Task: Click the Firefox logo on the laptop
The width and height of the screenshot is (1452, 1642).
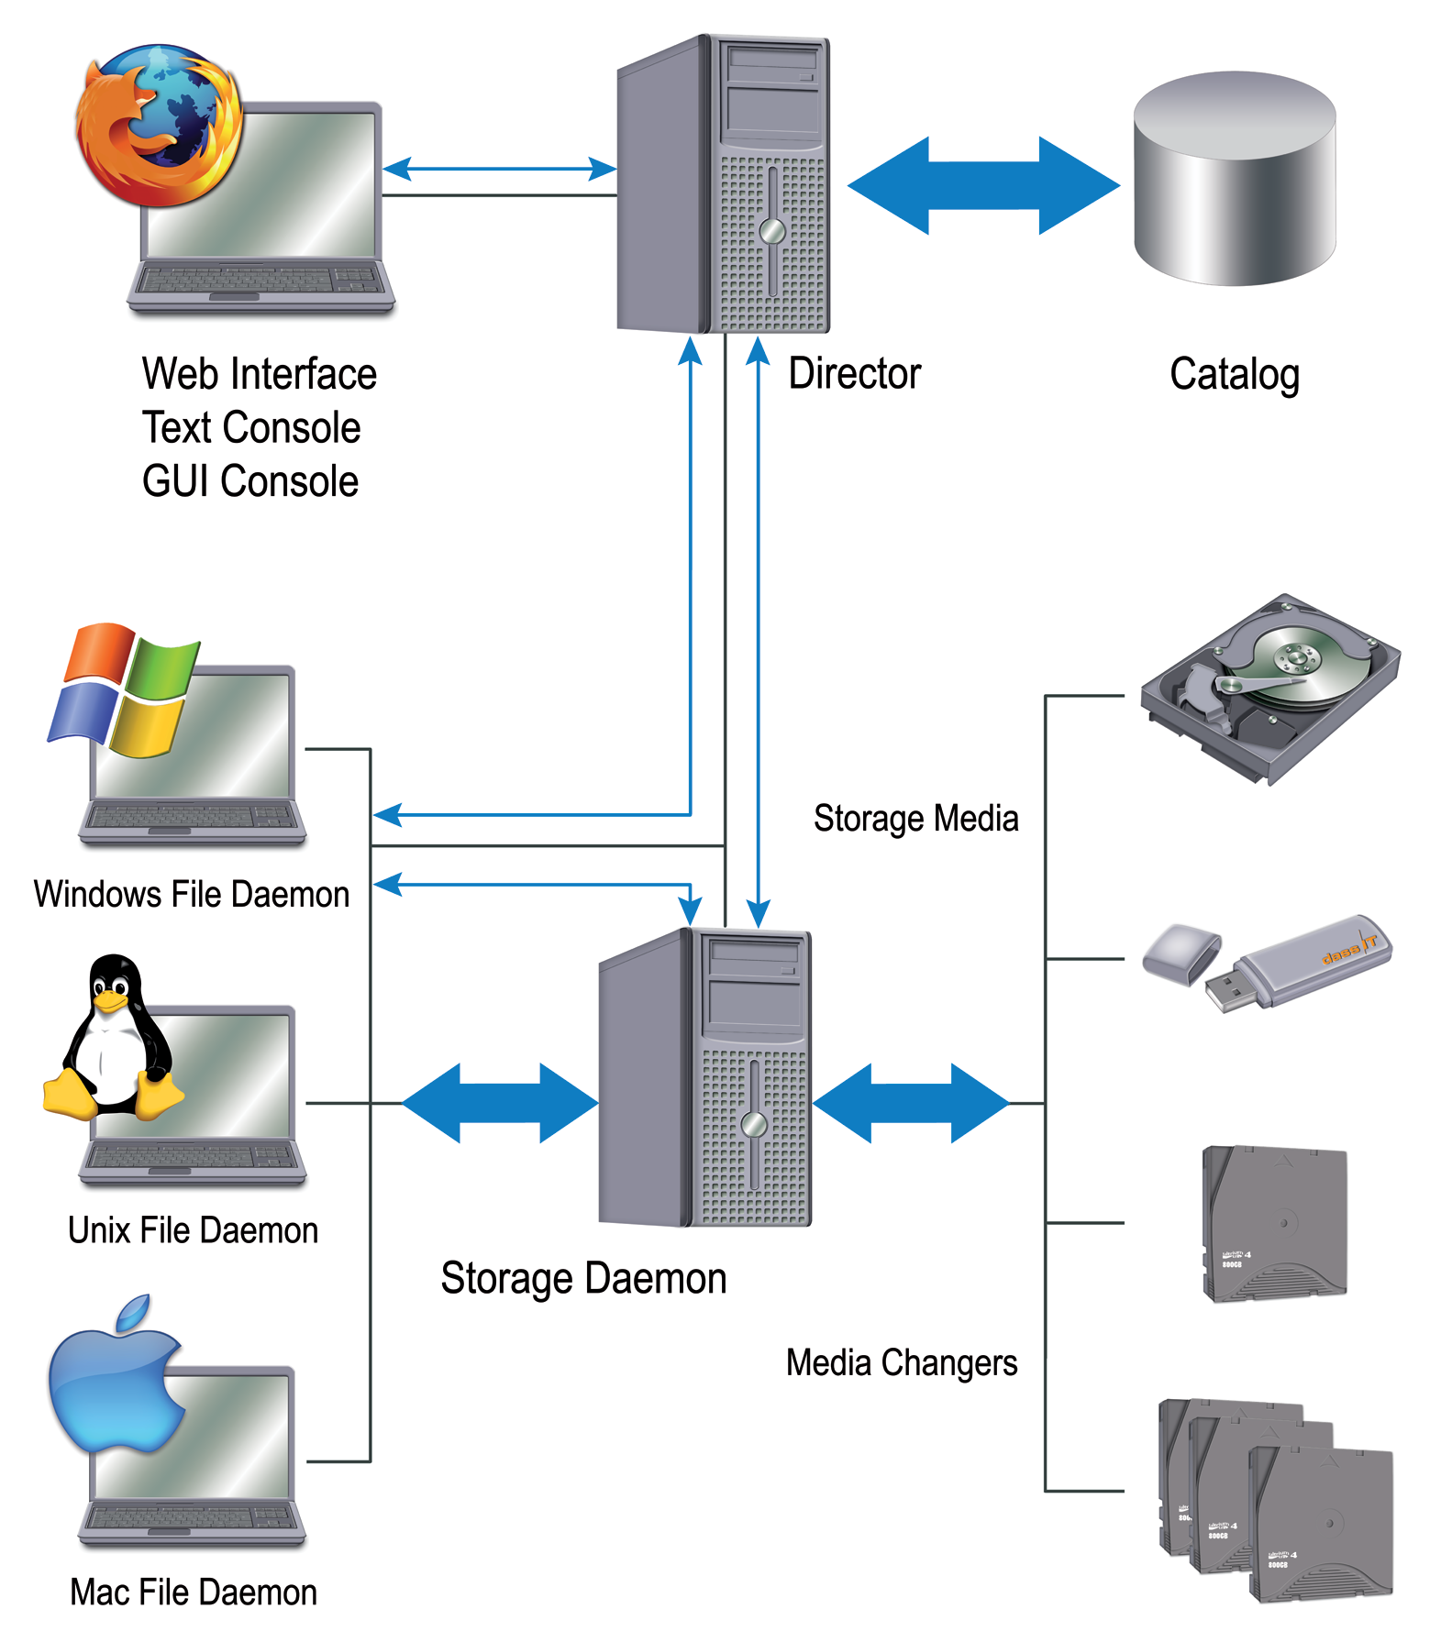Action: point(158,124)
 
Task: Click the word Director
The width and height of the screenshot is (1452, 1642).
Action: point(854,374)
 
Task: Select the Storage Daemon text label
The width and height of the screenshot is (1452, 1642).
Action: point(583,1278)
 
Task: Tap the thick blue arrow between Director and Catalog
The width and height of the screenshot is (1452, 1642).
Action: point(983,185)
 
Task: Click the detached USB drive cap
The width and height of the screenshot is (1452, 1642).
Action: point(1181,953)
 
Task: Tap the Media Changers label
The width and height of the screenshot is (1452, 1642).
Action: point(901,1362)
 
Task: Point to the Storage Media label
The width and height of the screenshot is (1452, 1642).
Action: point(915,818)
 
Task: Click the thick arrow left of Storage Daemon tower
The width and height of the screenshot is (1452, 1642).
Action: point(500,1103)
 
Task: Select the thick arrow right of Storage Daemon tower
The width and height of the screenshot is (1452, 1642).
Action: point(911,1103)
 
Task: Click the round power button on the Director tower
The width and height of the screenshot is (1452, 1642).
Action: point(772,230)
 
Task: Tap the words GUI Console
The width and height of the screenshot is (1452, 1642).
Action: point(249,481)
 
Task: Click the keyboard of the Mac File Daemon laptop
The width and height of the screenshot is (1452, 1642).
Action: point(193,1517)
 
